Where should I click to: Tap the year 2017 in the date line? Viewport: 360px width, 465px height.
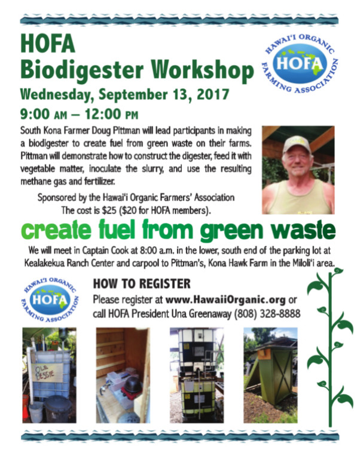[213, 94]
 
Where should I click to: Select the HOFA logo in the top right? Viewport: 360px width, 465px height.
[300, 63]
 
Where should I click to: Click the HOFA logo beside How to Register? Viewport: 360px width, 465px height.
[50, 300]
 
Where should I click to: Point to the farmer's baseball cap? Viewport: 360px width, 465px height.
[295, 145]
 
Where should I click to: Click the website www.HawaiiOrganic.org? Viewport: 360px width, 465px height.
[225, 300]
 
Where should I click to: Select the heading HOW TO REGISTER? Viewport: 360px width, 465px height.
[142, 284]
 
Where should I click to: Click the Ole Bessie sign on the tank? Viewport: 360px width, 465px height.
[48, 372]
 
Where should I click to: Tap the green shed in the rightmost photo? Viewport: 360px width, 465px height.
[273, 375]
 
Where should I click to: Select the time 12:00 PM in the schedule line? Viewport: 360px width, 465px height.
[112, 114]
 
